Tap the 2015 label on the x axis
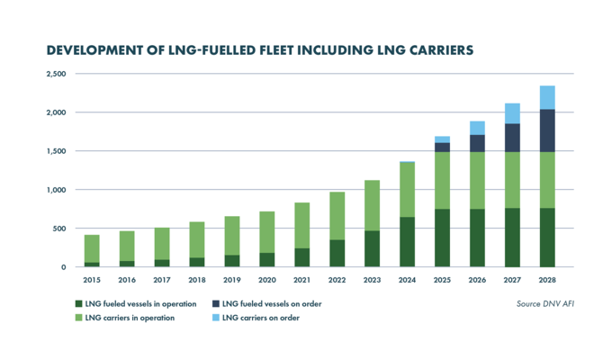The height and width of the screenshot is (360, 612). pos(92,280)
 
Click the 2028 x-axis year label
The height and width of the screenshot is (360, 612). pos(545,280)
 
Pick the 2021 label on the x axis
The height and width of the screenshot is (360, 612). pos(301,280)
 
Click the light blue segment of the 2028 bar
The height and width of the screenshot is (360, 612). pos(545,97)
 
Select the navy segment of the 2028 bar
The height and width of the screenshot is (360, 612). pos(545,130)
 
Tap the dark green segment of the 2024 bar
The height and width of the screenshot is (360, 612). pos(406,242)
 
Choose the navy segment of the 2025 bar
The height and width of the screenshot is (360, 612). pos(441,147)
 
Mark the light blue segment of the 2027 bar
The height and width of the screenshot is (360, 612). pos(511,113)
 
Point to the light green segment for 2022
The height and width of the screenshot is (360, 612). pos(337,216)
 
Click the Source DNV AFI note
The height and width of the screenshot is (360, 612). pos(544,304)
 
